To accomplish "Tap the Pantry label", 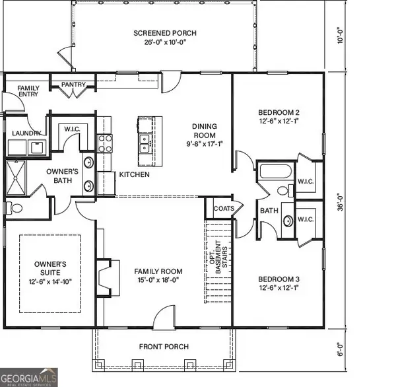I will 71,85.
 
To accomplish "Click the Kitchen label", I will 134,175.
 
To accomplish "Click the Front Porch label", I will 164,347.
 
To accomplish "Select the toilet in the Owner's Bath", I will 15,208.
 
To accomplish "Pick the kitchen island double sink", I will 143,141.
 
